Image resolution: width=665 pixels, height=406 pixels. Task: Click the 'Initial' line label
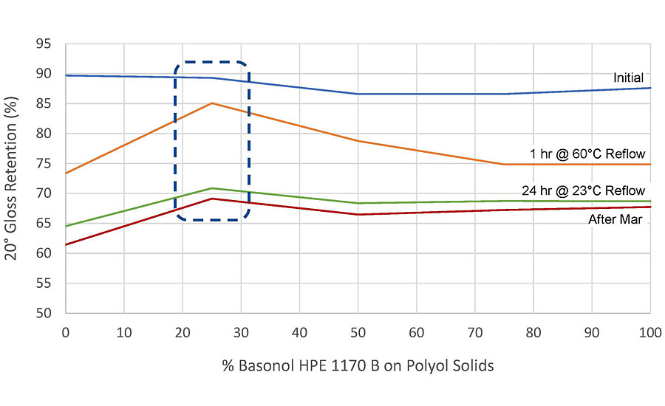627,78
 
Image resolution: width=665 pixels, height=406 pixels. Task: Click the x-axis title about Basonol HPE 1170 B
357,365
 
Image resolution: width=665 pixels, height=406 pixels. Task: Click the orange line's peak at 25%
212,103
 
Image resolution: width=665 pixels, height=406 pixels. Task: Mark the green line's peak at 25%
212,188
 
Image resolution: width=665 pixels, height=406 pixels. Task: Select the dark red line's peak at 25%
212,199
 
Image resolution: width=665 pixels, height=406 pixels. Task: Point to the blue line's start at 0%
66,75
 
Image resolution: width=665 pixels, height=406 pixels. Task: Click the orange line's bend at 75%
504,164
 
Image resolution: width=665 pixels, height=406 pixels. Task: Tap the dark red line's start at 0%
66,244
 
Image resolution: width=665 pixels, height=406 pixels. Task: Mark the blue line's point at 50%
358,94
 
